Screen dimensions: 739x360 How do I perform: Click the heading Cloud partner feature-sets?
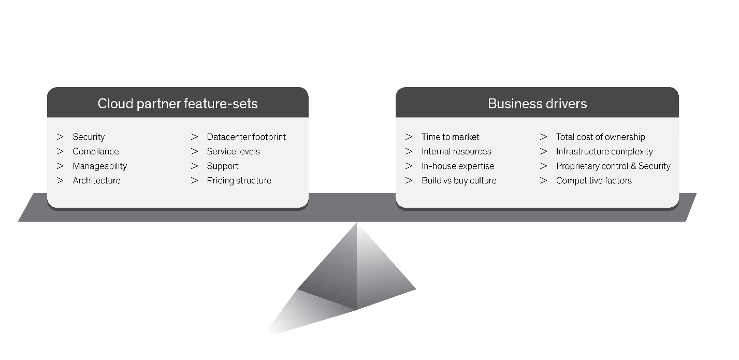pos(178,104)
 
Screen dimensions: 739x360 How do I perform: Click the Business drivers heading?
pos(537,104)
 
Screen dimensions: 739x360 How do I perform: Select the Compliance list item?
pos(96,151)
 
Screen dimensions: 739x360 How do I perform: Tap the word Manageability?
pos(99,166)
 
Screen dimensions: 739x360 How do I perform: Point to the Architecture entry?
pos(96,180)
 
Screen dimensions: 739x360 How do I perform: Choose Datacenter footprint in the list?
pos(246,137)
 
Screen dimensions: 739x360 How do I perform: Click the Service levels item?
pos(233,151)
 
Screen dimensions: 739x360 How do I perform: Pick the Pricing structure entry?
pos(239,180)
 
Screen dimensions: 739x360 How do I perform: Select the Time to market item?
pos(450,137)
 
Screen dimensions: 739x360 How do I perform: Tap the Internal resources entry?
pos(456,151)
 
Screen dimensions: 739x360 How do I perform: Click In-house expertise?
pos(458,166)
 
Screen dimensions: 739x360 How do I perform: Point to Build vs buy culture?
pos(459,180)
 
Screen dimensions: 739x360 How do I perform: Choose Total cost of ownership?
pos(600,137)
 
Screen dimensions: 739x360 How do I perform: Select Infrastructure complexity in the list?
pos(604,151)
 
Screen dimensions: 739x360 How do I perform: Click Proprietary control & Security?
pos(613,166)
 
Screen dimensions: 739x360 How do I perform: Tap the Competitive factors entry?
pos(594,180)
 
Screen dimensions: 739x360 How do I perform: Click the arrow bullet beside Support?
pos(194,166)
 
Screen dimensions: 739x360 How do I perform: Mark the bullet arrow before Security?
pos(60,137)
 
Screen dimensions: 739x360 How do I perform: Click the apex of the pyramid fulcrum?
pos(357,223)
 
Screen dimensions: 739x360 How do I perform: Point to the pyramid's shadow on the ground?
pos(307,312)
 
